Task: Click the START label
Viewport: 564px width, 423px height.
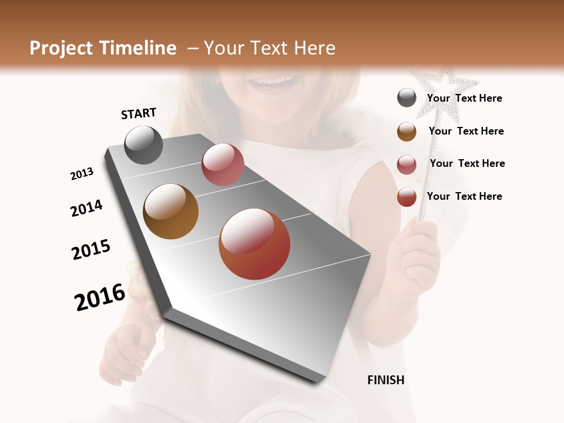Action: click(x=139, y=113)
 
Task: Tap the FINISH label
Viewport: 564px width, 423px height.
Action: click(x=386, y=380)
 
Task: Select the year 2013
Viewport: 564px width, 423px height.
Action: click(x=82, y=174)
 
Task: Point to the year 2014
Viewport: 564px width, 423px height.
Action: click(x=86, y=208)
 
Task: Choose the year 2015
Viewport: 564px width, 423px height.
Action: click(x=91, y=250)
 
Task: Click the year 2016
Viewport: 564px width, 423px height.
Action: click(x=100, y=297)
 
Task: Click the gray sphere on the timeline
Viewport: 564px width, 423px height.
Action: click(x=143, y=145)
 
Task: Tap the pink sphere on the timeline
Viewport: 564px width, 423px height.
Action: click(x=223, y=164)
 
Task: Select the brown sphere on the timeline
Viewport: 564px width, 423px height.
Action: click(x=170, y=211)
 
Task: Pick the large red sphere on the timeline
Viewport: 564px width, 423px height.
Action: click(x=254, y=244)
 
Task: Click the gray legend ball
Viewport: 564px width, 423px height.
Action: click(x=407, y=98)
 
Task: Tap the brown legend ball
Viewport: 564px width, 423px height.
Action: click(x=407, y=131)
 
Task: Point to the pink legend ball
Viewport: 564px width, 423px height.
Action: click(x=407, y=164)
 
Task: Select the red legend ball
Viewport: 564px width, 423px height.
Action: click(x=407, y=197)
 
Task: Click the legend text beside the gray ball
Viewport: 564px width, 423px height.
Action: click(x=464, y=99)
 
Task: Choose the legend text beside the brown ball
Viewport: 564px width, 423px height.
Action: click(x=466, y=131)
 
